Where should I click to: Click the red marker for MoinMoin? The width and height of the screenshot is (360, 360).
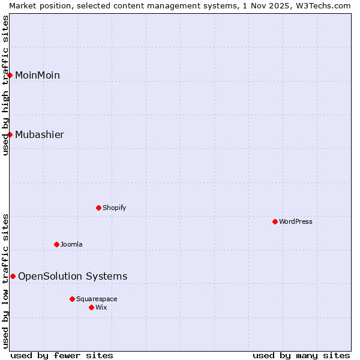click(10, 75)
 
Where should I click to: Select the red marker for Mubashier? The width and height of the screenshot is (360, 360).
click(10, 134)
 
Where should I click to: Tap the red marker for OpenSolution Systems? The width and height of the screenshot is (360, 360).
click(13, 276)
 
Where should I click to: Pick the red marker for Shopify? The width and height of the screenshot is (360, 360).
click(98, 208)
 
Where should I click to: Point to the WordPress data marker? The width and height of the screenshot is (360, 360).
click(275, 221)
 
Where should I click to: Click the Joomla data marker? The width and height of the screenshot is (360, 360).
click(56, 244)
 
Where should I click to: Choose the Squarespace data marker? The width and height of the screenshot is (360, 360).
click(72, 299)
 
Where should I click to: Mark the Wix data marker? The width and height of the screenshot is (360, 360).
click(91, 307)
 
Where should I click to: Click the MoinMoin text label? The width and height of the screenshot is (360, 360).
click(37, 75)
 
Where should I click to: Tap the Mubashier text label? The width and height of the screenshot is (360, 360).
click(40, 134)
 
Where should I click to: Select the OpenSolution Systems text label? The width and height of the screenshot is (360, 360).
click(73, 276)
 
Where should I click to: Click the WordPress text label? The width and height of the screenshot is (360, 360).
click(296, 221)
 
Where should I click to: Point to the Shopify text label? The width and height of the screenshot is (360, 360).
click(114, 208)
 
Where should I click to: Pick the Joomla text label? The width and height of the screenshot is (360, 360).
click(71, 244)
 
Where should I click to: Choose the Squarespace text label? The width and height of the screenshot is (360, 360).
click(97, 299)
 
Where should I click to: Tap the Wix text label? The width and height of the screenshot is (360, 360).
click(101, 307)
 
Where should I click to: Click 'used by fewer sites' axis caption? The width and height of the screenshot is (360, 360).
click(62, 355)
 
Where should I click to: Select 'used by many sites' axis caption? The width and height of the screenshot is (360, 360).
click(301, 355)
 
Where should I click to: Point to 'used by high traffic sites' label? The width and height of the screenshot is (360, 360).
click(5, 85)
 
